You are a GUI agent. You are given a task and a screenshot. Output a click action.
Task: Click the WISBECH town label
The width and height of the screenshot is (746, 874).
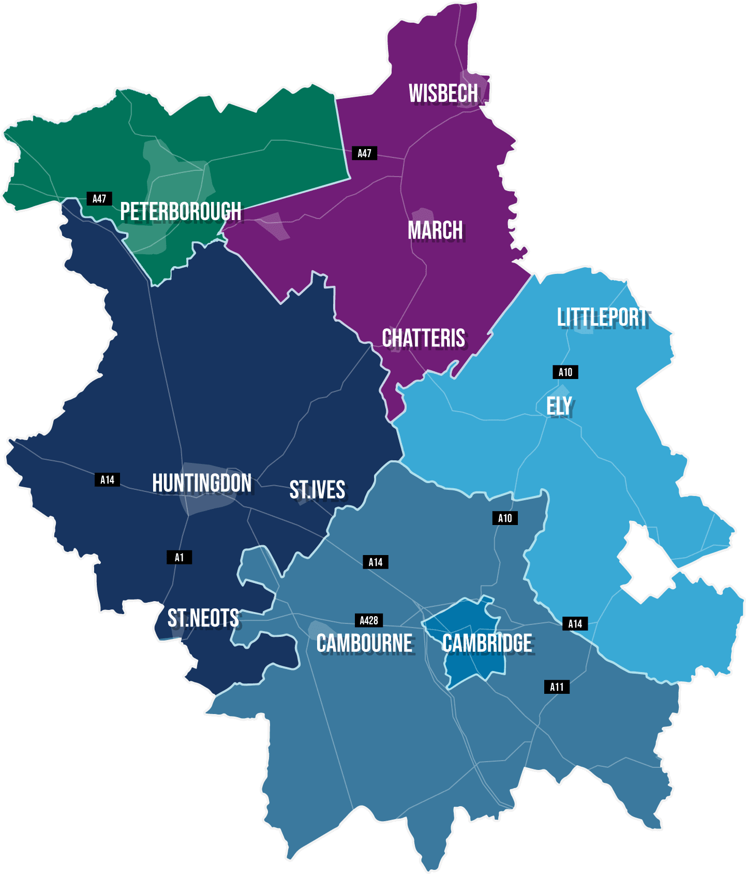tap(443, 94)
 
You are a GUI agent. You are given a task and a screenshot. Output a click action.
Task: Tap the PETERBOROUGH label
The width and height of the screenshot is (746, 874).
tap(181, 211)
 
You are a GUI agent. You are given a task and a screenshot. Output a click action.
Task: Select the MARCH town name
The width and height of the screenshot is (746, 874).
tap(435, 230)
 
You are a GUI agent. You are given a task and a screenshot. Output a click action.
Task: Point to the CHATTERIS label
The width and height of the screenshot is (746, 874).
tap(423, 338)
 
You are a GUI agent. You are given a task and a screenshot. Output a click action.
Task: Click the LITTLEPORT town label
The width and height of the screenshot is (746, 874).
tap(602, 317)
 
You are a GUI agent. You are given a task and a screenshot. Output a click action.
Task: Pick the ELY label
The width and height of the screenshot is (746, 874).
tap(559, 406)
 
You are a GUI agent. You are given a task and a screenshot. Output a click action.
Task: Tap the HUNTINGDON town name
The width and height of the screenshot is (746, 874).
tap(202, 483)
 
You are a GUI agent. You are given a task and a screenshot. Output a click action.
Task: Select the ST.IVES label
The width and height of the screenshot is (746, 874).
tap(317, 490)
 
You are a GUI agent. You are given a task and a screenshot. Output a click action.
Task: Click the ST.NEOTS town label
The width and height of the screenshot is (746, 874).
tap(203, 618)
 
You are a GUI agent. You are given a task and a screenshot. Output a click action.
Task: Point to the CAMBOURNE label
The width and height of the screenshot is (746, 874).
tap(365, 644)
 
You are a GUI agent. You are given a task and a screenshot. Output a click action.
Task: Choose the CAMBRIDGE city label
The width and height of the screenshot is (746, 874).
tap(487, 644)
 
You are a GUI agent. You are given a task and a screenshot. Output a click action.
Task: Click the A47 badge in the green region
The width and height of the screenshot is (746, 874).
tap(99, 198)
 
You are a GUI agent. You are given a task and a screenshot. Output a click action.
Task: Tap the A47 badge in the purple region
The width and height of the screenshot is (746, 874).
tap(364, 153)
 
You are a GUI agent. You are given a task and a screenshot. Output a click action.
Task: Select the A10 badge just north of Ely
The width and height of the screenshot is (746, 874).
tap(565, 372)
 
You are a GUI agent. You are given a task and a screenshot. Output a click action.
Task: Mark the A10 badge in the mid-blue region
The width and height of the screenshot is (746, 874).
tap(505, 518)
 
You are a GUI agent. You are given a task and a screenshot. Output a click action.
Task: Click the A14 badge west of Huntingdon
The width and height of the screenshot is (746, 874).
tap(107, 480)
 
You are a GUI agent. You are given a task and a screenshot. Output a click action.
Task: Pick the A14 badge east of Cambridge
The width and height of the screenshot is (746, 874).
tap(575, 624)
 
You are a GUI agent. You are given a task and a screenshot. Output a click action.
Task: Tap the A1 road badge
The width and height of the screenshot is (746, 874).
tap(179, 558)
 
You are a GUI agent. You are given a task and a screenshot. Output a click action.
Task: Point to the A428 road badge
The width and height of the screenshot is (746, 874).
tap(369, 620)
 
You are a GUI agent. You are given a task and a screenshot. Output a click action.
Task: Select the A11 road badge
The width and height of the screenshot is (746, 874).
tap(557, 687)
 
